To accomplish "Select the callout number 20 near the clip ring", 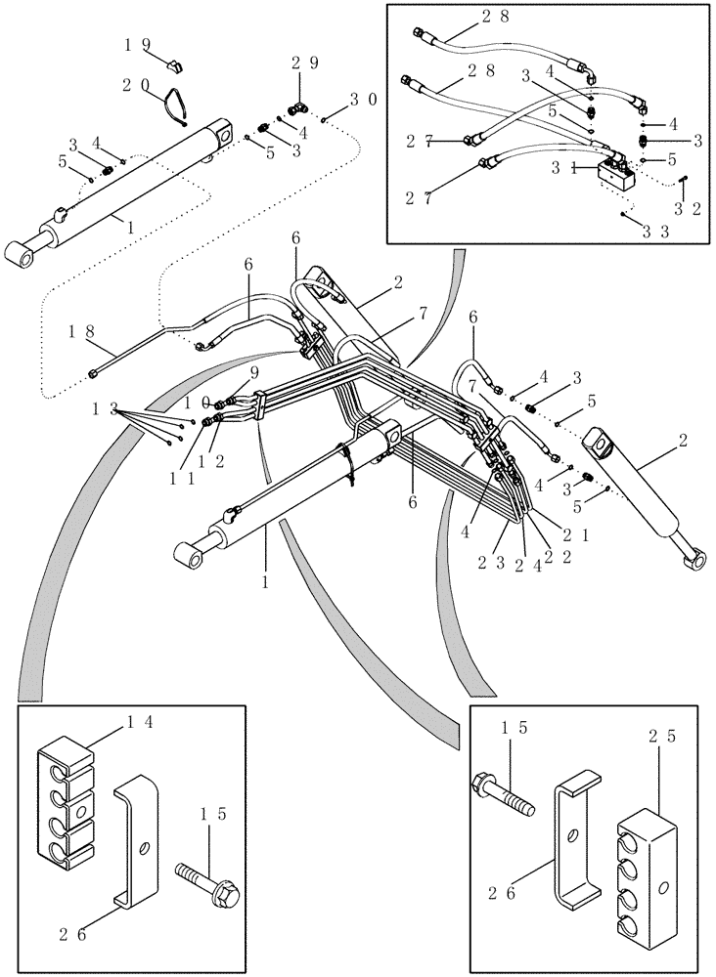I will click(x=136, y=85).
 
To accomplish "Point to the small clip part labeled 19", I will click(x=176, y=65).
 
